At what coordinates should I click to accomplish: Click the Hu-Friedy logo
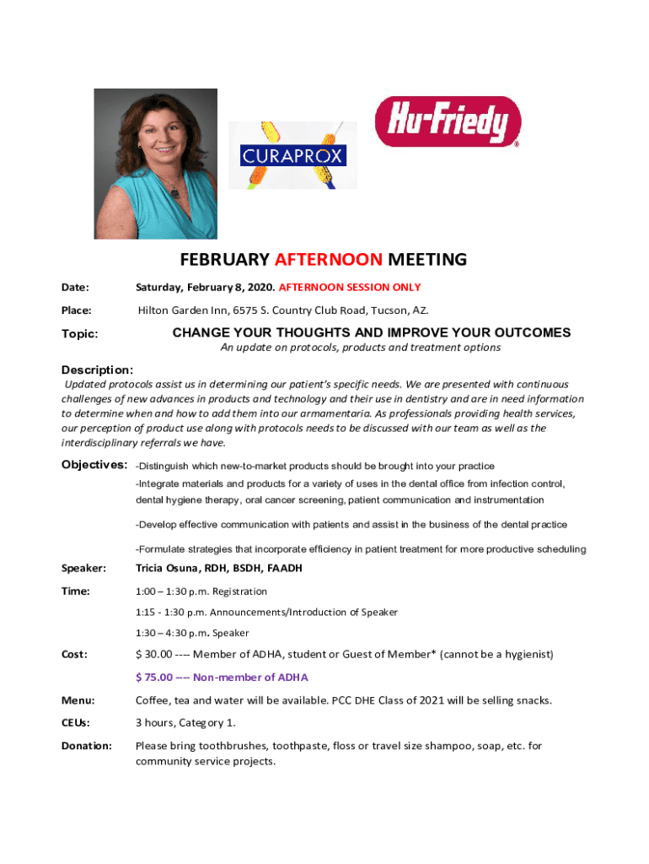coord(448,121)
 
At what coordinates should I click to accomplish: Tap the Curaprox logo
coord(292,156)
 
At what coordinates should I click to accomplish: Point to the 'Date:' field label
coord(76,288)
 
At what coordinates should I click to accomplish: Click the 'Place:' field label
coord(77,310)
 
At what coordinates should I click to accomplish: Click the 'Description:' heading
coord(97,370)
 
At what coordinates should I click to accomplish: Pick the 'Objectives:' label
coord(94,465)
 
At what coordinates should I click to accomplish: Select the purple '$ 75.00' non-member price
coord(154,677)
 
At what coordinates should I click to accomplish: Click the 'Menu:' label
coord(78,700)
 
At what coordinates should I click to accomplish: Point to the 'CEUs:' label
coord(76,723)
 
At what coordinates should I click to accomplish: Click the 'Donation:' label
coord(86,746)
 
